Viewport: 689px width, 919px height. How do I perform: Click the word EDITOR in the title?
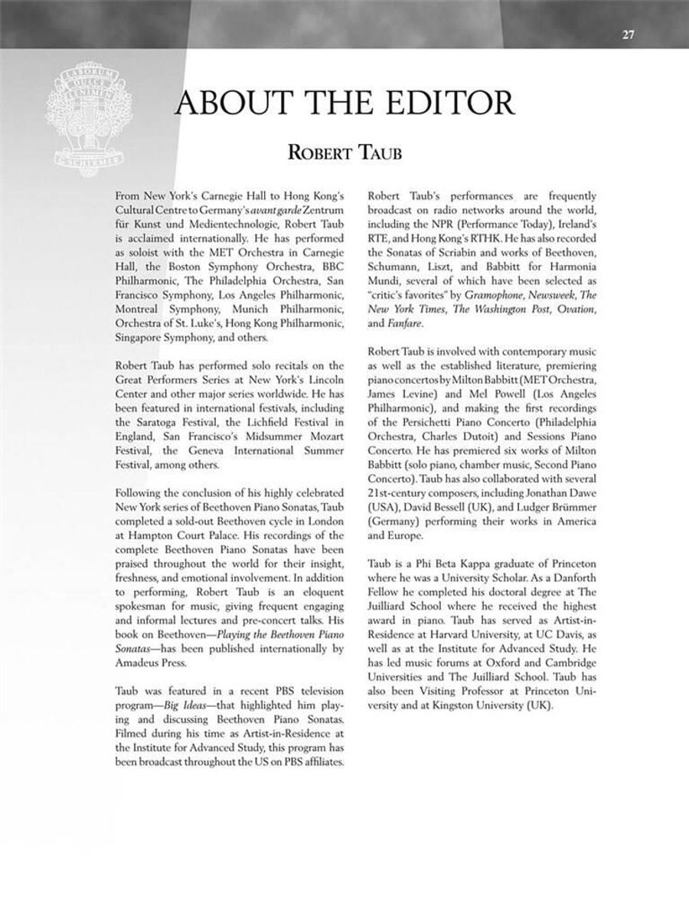tap(439, 103)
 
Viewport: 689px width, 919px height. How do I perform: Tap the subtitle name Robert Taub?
tap(344, 153)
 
